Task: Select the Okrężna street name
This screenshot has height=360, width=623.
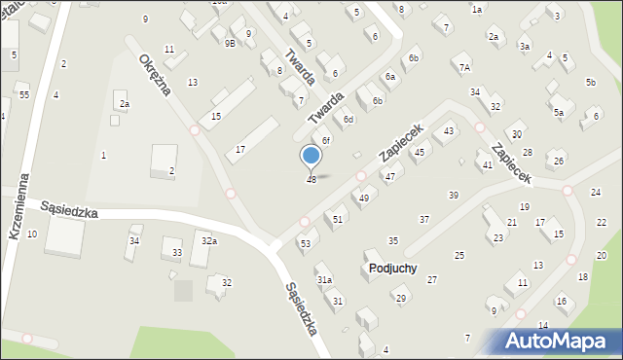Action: click(154, 74)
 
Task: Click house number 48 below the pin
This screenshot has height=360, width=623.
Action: click(311, 179)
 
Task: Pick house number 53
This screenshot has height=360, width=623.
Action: click(305, 243)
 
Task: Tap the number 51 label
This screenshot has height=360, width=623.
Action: click(338, 220)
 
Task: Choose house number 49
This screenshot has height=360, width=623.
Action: click(364, 198)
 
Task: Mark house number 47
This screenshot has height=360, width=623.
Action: click(389, 176)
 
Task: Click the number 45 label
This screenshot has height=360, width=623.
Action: click(420, 153)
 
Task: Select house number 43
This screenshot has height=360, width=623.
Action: click(449, 130)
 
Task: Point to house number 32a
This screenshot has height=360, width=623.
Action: click(208, 240)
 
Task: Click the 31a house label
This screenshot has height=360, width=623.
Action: click(325, 280)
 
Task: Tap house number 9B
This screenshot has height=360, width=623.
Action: click(230, 44)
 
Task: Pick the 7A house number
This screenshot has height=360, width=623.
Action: click(465, 68)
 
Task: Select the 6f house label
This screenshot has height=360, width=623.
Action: click(327, 141)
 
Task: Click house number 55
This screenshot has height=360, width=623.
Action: click(23, 94)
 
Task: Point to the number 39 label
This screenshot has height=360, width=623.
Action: click(454, 196)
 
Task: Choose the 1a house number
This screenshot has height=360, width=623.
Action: click(477, 10)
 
